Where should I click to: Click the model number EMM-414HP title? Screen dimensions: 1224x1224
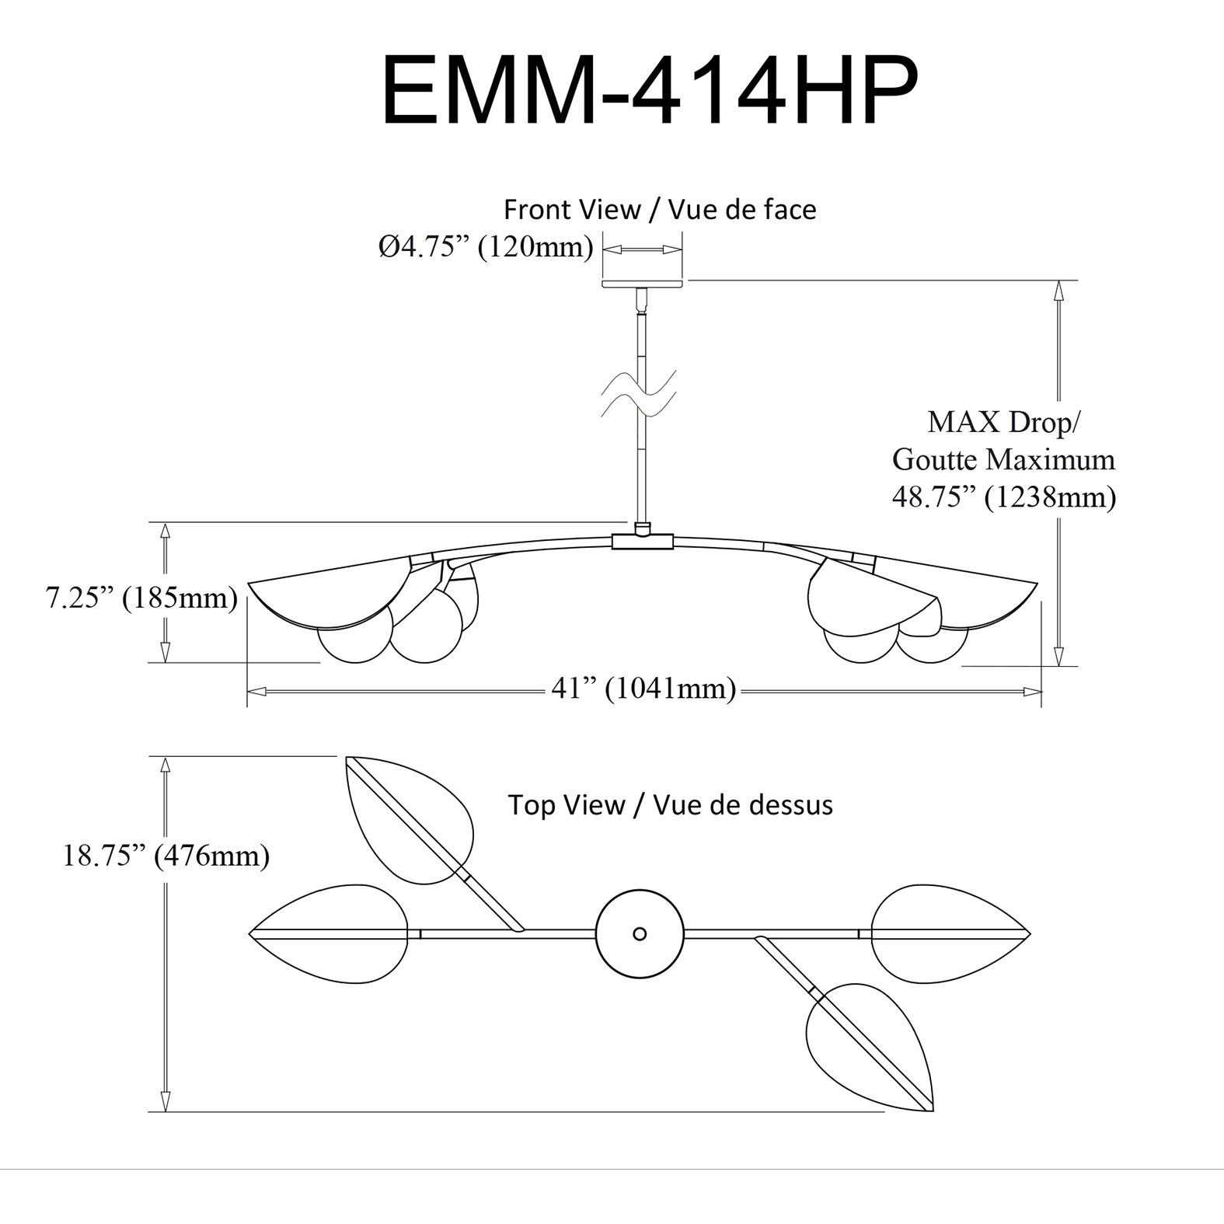pos(650,92)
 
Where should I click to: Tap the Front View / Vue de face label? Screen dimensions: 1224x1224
pos(660,210)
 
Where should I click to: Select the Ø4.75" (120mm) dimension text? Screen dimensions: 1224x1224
pos(486,247)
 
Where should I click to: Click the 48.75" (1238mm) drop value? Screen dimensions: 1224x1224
pos(1003,497)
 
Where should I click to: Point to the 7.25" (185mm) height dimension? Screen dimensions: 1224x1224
pos(141,598)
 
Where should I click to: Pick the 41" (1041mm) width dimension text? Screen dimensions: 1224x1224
pos(643,689)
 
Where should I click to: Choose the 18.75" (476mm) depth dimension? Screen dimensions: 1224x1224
pos(166,856)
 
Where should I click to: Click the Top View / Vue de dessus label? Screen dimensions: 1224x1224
pos(670,804)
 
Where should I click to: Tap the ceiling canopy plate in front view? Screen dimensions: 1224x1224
pos(643,284)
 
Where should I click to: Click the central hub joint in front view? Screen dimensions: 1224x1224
pos(643,540)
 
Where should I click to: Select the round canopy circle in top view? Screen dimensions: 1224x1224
pos(640,933)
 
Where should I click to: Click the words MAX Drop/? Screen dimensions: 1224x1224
pos(1003,423)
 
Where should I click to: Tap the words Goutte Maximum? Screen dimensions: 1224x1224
pos(1003,459)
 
